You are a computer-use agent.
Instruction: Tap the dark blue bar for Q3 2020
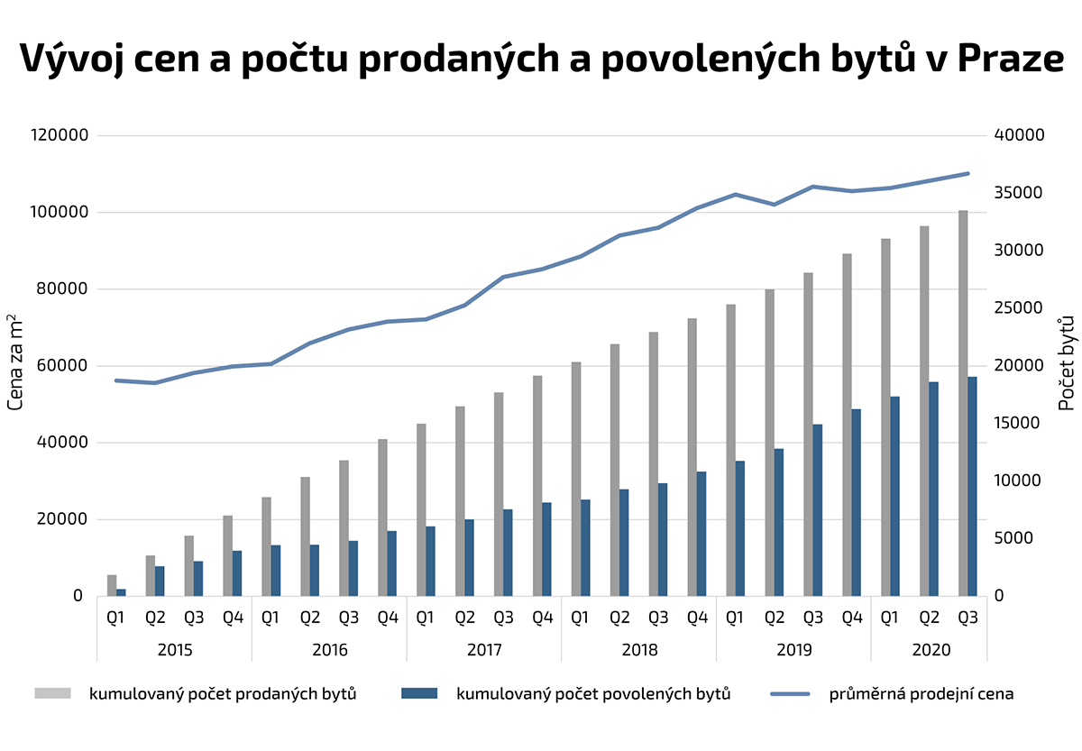[x=972, y=486]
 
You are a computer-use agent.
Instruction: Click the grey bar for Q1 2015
[x=112, y=585]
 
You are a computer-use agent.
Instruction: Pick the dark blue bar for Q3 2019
[x=818, y=509]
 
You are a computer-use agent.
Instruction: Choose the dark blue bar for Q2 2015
[x=160, y=581]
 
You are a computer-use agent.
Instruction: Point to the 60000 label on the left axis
[x=60, y=366]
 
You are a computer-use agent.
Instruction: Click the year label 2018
[x=639, y=649]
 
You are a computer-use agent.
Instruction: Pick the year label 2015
[x=174, y=649]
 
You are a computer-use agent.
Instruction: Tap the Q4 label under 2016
[x=388, y=618]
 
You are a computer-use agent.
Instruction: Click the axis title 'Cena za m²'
[x=15, y=362]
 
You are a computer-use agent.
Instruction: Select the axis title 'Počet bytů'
[x=1068, y=362]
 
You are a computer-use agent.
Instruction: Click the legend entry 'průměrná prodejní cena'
[x=922, y=694]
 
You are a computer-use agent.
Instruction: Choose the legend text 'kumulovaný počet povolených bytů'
[x=593, y=694]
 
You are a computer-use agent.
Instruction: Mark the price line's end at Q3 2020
[x=967, y=173]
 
